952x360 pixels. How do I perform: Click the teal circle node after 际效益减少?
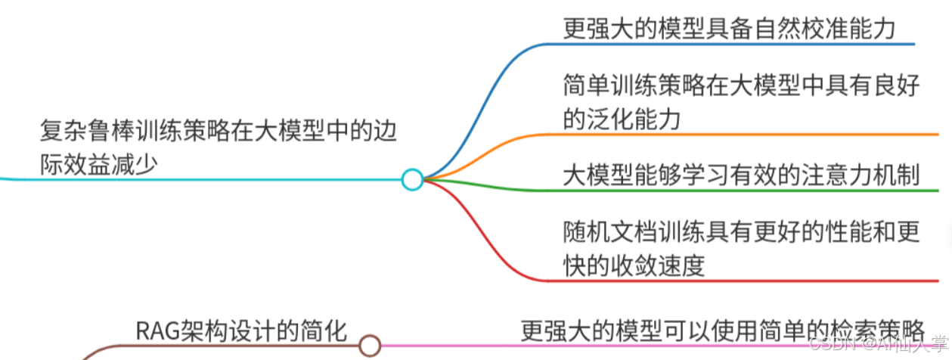pyautogui.click(x=412, y=179)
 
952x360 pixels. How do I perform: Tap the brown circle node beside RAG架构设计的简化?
pyautogui.click(x=369, y=346)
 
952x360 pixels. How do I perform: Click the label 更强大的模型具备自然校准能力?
pyautogui.click(x=730, y=29)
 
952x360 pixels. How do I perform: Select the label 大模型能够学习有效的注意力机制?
pyautogui.click(x=741, y=175)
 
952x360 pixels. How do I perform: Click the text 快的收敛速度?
pyautogui.click(x=634, y=265)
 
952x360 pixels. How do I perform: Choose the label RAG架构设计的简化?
pyautogui.click(x=241, y=331)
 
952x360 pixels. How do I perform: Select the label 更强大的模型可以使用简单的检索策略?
pyautogui.click(x=722, y=331)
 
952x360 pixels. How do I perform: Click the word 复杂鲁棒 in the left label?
pyautogui.click(x=83, y=132)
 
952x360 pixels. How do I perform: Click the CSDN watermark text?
pyautogui.click(x=830, y=345)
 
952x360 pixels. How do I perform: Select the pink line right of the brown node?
pyautogui.click(x=605, y=346)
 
